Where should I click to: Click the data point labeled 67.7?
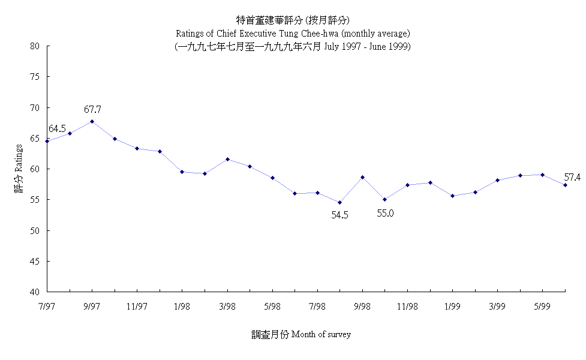92,121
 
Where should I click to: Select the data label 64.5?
57,129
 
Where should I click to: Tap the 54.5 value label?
339,214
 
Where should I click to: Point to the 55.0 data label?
385,212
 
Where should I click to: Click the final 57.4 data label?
573,178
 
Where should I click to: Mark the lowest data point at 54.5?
339,202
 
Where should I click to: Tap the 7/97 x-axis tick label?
47,306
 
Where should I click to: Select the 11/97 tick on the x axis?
137,306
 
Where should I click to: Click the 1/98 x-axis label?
182,306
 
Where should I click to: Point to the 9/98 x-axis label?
362,306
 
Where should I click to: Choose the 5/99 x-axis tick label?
542,306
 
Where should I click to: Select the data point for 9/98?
362,177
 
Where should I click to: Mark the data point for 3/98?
227,159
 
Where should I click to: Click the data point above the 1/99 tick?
452,196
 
